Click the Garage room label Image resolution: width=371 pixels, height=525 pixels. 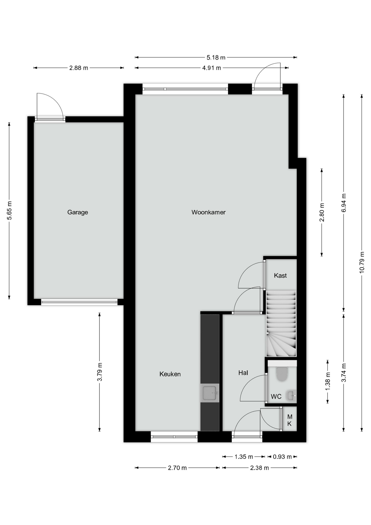[x=78, y=212]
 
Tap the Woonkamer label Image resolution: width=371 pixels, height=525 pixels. [x=208, y=212]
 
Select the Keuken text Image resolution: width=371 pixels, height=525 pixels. [x=170, y=374]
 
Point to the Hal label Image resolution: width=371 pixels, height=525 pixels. [x=243, y=373]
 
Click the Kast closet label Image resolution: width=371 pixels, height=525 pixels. [x=280, y=276]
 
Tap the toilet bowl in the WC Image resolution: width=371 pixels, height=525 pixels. [x=282, y=374]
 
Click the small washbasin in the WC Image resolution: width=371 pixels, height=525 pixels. [x=291, y=395]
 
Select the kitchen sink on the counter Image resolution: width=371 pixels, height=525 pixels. [x=210, y=393]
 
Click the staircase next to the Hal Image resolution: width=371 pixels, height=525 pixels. [x=281, y=323]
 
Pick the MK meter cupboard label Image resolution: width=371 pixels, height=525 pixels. [x=290, y=420]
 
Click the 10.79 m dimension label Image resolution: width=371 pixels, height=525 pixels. [x=362, y=262]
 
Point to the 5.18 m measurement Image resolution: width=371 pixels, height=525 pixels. [x=216, y=57]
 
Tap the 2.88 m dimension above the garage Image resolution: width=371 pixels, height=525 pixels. [x=79, y=68]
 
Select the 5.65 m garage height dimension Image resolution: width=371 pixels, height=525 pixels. [x=10, y=211]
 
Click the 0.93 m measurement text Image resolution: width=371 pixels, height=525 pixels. [x=282, y=457]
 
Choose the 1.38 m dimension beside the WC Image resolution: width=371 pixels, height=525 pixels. [x=328, y=381]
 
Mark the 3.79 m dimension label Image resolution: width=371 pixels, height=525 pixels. [x=100, y=372]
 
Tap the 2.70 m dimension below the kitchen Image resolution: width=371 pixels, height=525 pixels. [x=177, y=468]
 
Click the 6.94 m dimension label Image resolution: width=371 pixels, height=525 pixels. [x=344, y=203]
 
